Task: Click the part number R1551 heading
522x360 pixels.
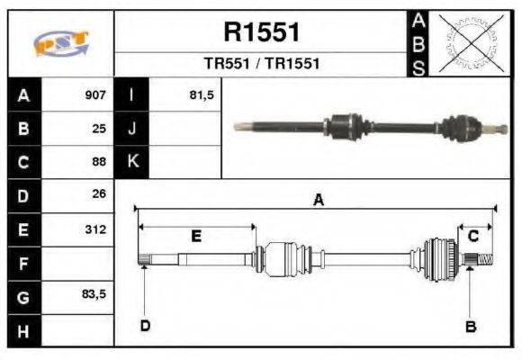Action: tap(261, 33)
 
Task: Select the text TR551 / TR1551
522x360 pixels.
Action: tap(261, 65)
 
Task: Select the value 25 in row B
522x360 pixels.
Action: tap(99, 128)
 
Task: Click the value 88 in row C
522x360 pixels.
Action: tap(99, 162)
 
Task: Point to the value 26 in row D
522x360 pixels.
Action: tap(99, 194)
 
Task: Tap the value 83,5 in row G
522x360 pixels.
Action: tap(94, 294)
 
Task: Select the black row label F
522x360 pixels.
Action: tap(23, 264)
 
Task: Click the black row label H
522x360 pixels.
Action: tap(23, 330)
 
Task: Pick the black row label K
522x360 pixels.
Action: tap(132, 162)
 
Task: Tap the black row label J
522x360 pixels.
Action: tap(132, 128)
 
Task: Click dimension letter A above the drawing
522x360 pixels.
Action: tap(317, 201)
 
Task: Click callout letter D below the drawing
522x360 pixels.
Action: tap(144, 325)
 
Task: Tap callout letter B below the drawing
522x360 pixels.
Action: tap(470, 327)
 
